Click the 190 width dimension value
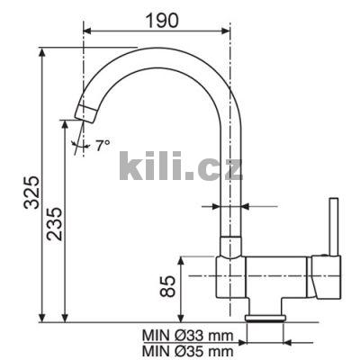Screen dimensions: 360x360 [x=162, y=21]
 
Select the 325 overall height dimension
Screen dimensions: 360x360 [x=31, y=193]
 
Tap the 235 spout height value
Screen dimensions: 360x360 [x=54, y=224]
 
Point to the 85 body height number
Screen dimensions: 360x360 [x=167, y=286]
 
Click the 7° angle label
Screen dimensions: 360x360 [x=103, y=146]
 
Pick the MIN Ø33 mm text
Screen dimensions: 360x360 [x=188, y=336]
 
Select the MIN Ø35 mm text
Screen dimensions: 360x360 [x=188, y=351]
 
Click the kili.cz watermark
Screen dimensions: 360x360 [x=181, y=166]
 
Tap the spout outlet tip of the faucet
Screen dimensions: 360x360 [x=85, y=113]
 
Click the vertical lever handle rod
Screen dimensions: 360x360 [x=334, y=227]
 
